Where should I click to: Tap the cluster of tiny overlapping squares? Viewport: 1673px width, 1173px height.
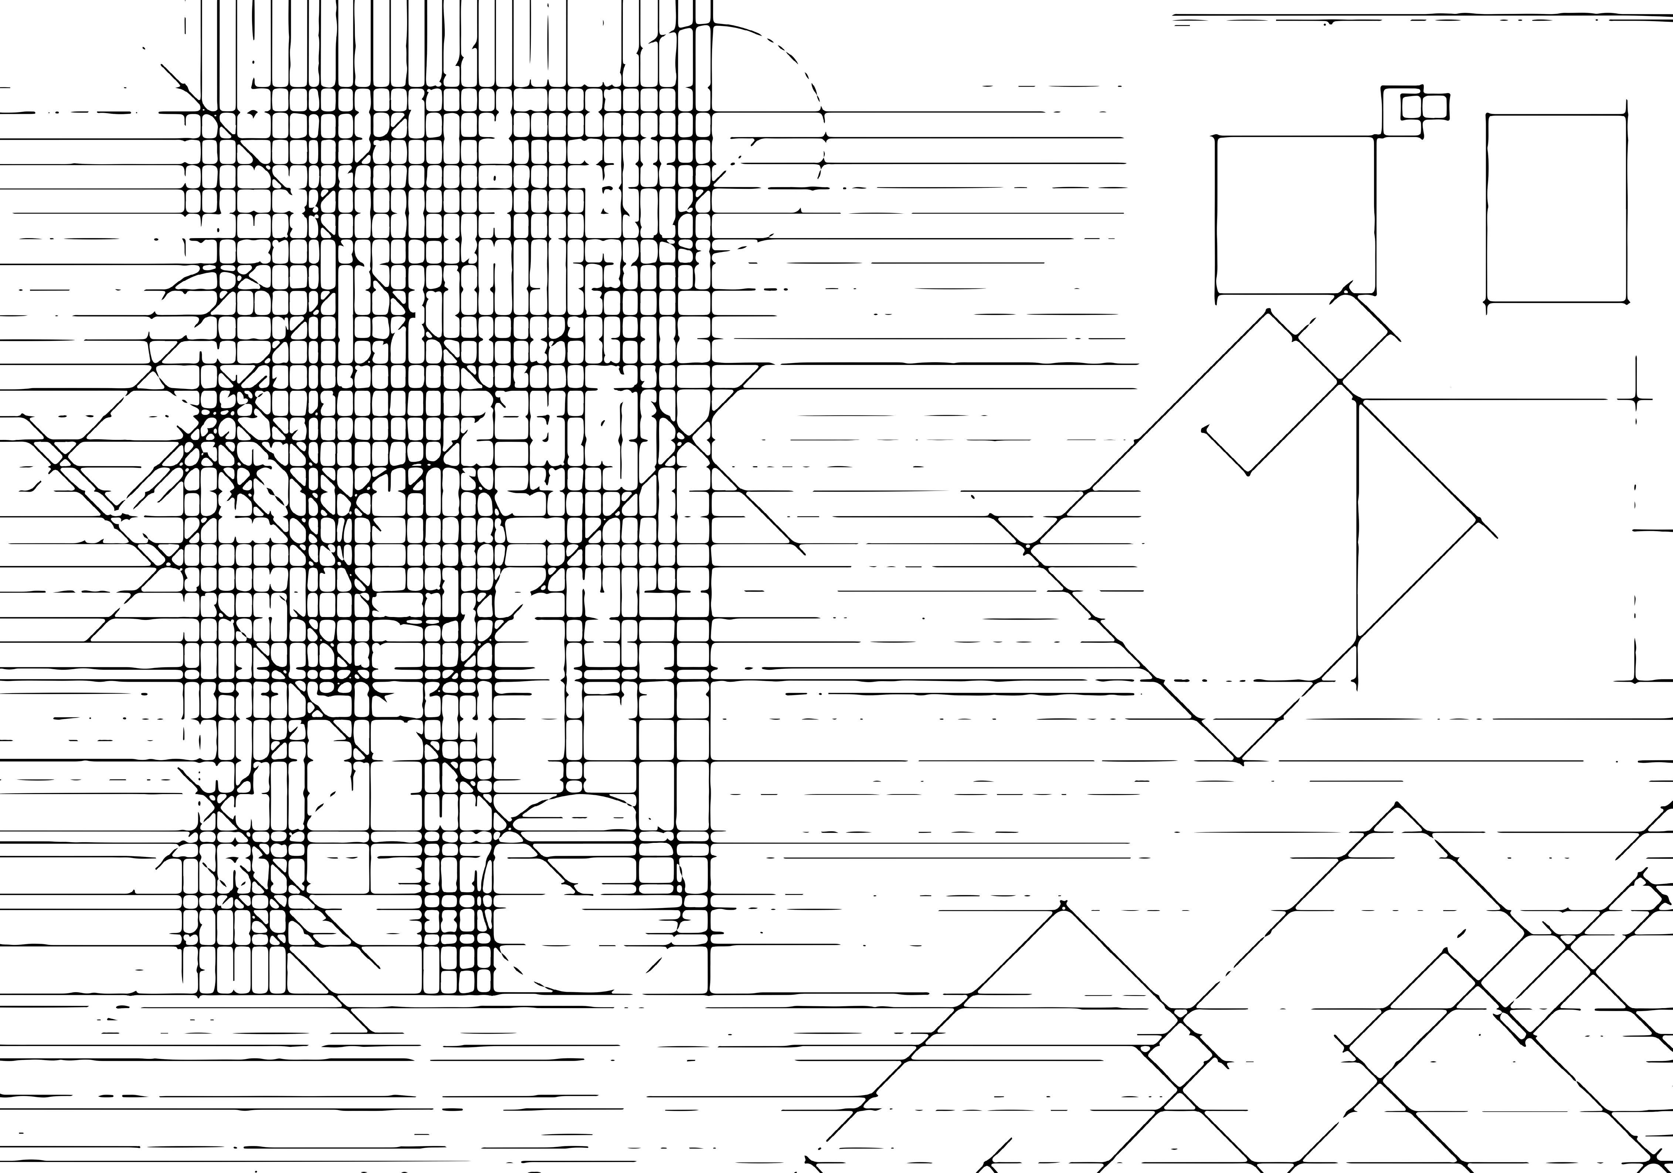point(1414,109)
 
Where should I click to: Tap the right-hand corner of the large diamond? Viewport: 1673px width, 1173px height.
point(1479,519)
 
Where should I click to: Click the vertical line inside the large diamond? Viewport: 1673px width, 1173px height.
point(1357,539)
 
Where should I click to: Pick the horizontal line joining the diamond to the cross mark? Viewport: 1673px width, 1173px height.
point(1494,399)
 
